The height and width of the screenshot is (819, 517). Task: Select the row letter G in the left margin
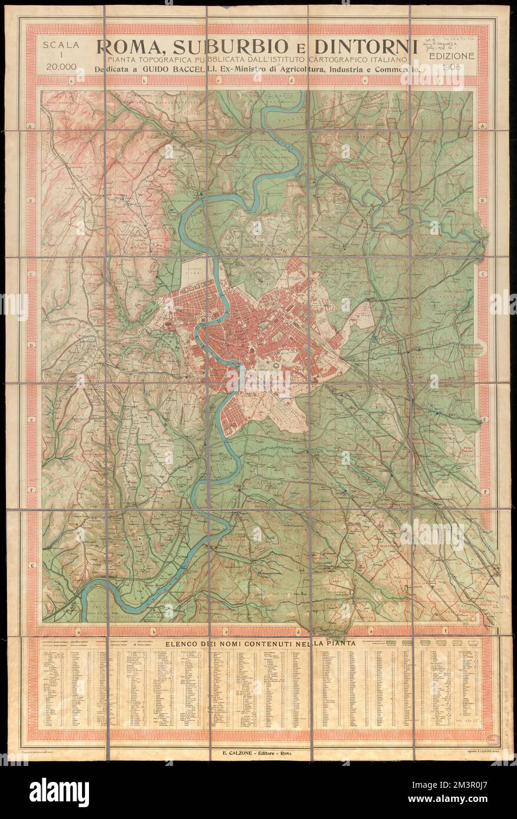coord(31,564)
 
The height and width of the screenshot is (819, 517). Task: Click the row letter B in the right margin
coord(482,200)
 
